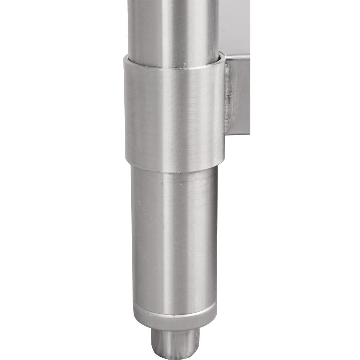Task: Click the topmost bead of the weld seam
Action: coord(228,67)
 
